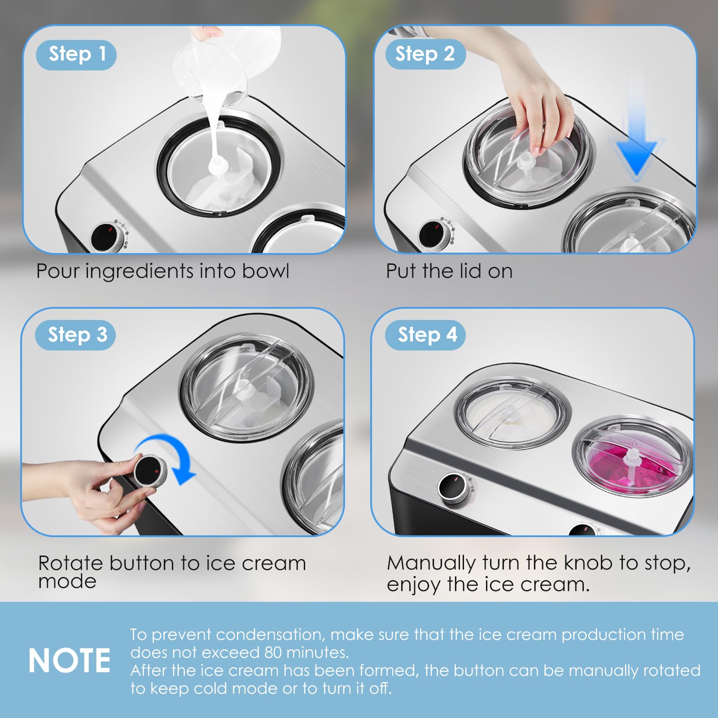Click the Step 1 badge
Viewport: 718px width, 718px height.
click(x=76, y=55)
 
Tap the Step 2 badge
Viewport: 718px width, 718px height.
click(x=425, y=54)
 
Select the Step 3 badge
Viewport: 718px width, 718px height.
click(x=75, y=335)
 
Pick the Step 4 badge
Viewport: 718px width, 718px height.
click(x=425, y=335)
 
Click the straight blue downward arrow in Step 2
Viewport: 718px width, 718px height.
click(x=635, y=130)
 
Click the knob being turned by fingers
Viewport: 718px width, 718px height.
click(x=149, y=470)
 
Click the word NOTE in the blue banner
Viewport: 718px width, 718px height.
click(x=70, y=661)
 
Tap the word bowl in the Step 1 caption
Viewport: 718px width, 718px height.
click(x=266, y=271)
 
